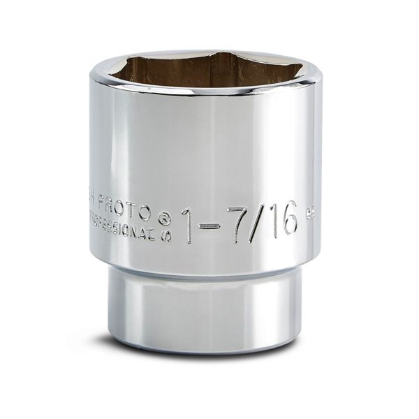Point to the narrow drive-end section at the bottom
209,307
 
